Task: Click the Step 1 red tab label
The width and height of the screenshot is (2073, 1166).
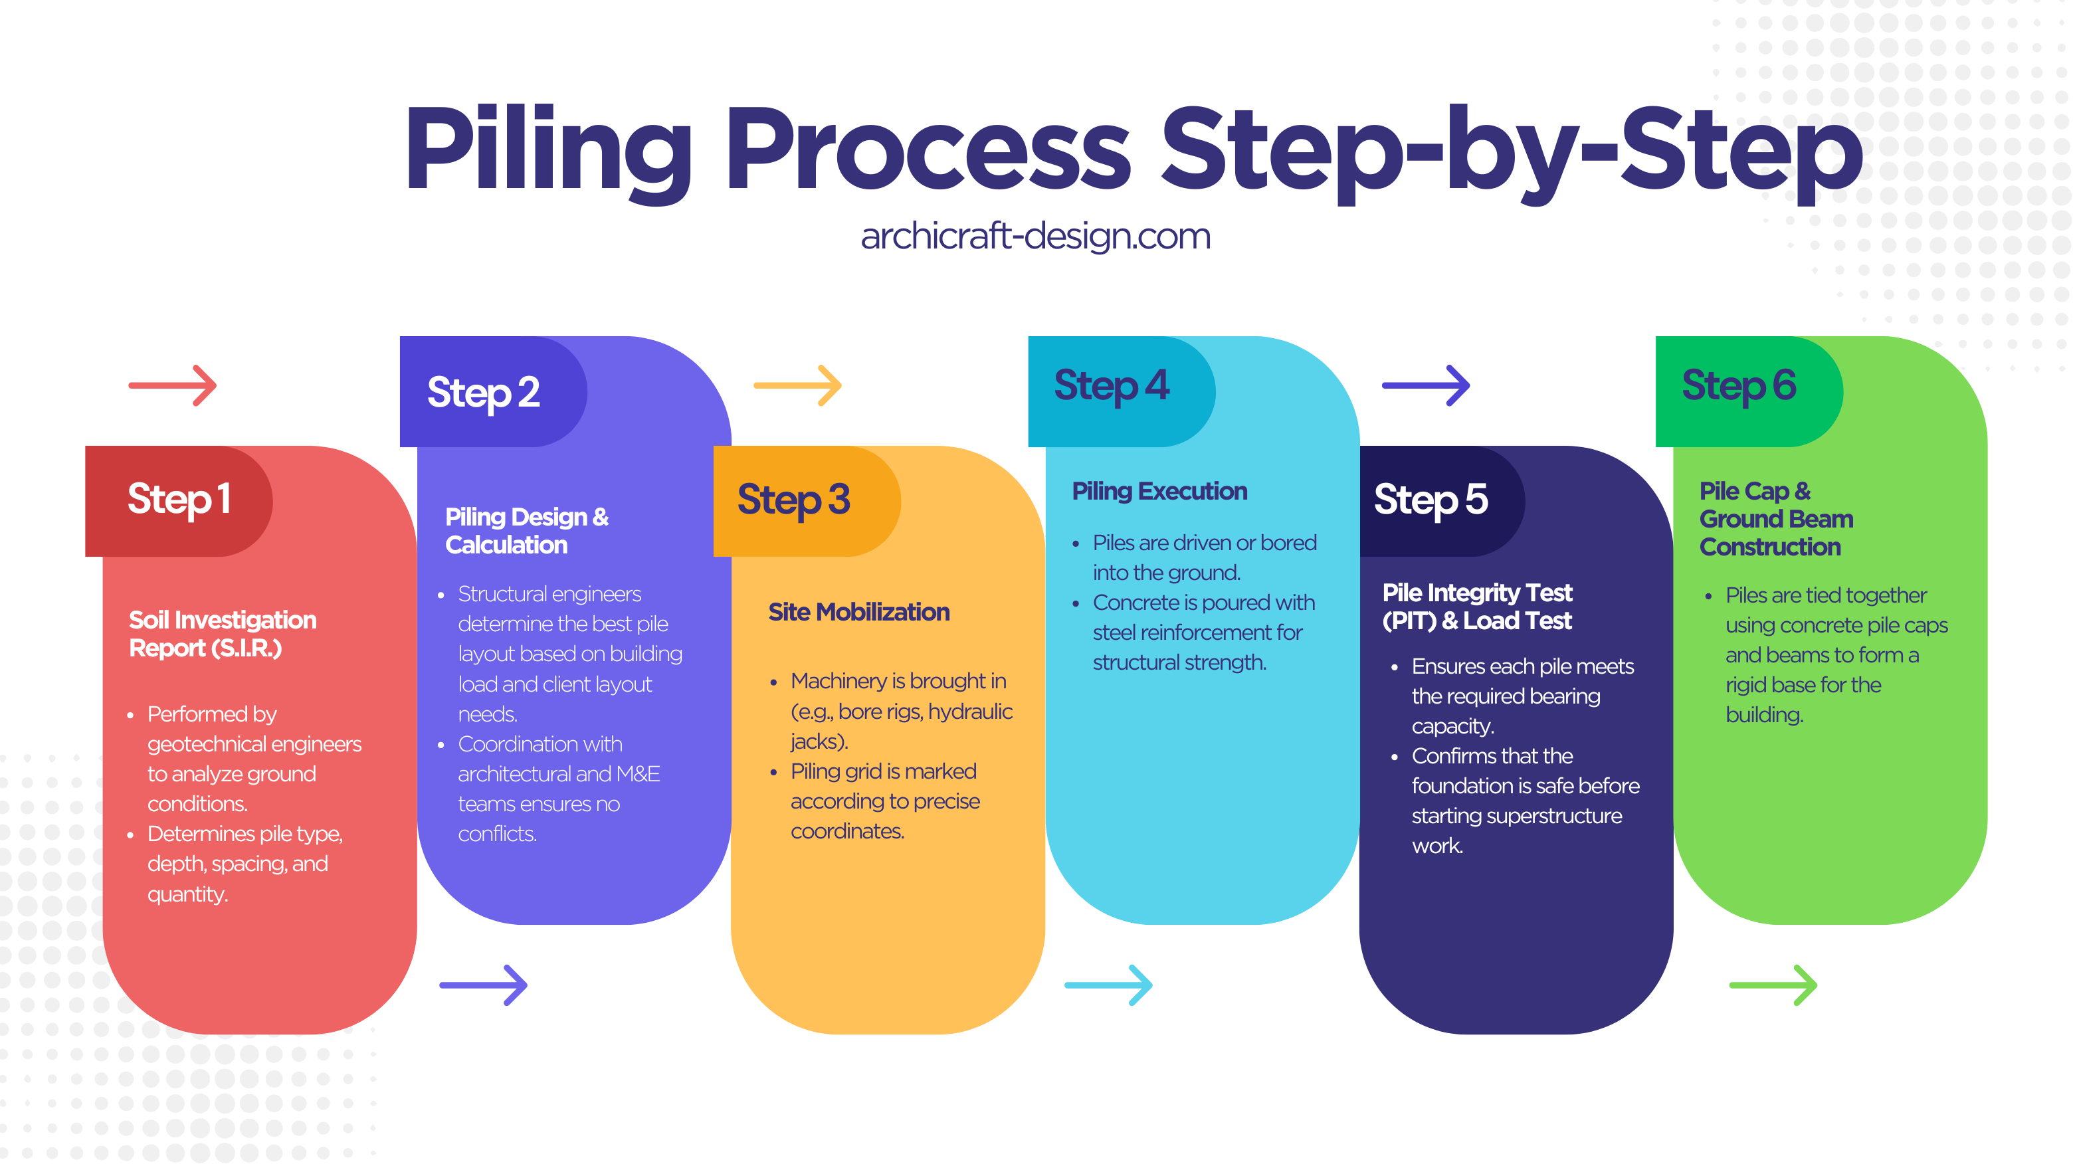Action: tap(179, 500)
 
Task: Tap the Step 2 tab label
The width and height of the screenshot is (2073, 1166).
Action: tap(484, 393)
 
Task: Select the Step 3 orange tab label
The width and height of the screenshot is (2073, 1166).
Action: tap(793, 500)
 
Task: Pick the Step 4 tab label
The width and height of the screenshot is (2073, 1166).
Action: tap(1112, 386)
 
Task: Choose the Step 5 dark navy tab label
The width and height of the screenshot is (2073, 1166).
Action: tap(1431, 500)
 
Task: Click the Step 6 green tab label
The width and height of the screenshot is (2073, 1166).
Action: tap(1739, 386)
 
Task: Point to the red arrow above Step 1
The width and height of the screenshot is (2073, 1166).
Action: tap(173, 385)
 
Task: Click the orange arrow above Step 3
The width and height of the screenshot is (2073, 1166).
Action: tap(797, 385)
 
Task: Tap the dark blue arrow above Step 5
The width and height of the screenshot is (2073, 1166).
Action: tap(1426, 385)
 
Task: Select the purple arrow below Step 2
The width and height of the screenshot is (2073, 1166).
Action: tap(484, 985)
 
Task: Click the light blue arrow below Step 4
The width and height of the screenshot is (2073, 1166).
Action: tap(1108, 985)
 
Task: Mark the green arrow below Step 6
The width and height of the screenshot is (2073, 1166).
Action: tap(1773, 985)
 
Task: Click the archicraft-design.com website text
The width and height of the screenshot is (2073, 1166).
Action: tap(1036, 237)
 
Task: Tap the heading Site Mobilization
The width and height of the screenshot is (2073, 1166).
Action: tap(858, 613)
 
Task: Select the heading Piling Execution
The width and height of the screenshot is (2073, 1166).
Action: tap(1159, 491)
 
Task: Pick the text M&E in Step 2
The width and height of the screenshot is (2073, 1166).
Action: tap(638, 774)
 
